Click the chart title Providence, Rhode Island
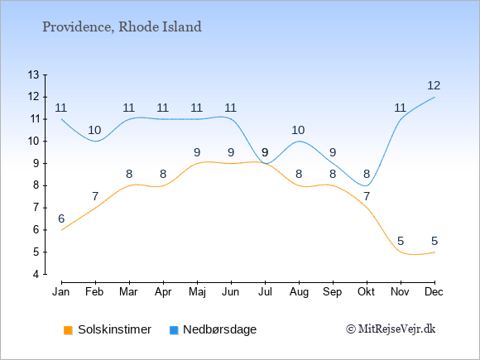click(122, 27)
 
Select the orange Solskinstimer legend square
click(68, 330)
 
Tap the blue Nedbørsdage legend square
click(174, 330)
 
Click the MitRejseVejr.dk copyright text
click(391, 329)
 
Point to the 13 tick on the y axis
click(34, 74)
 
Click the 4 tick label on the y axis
click(36, 274)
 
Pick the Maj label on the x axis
click(197, 292)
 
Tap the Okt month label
click(367, 292)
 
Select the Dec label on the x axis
click(434, 292)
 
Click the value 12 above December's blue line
click(434, 86)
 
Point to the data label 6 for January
click(61, 218)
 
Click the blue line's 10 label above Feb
click(94, 131)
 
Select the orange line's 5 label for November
click(401, 241)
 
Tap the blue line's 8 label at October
click(367, 174)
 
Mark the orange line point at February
click(95, 208)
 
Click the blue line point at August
click(299, 142)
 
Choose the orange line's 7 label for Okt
click(367, 196)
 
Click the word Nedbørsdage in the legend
click(220, 329)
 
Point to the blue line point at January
click(61, 119)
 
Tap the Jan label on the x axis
click(61, 292)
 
